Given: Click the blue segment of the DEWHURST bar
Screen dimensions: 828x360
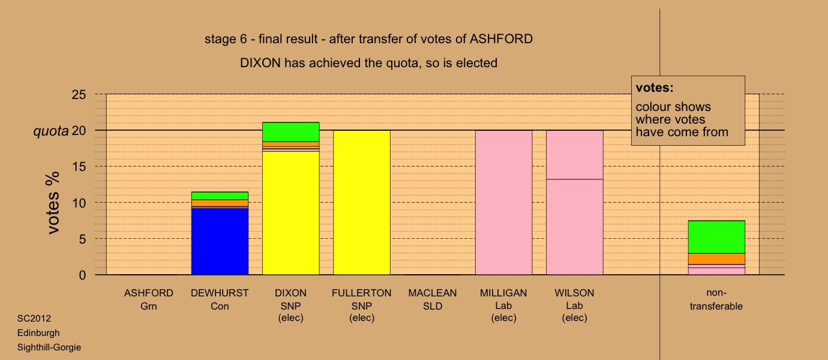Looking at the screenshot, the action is coord(220,242).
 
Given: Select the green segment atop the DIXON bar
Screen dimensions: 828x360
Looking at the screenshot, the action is coord(291,132).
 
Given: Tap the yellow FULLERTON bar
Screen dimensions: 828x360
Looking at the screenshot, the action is coord(362,203).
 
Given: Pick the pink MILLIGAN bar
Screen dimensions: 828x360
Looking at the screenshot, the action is coord(504,203).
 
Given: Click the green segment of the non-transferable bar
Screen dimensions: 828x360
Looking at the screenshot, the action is coord(716,237).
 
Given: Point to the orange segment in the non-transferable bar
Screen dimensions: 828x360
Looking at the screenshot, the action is coord(716,259).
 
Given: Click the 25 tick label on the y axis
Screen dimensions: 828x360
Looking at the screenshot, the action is coord(79,95).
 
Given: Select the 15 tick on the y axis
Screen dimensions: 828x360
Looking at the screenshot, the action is coord(79,167).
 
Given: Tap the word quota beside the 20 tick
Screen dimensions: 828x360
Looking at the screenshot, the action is coord(51,131).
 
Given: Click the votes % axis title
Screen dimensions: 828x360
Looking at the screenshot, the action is coord(53,203).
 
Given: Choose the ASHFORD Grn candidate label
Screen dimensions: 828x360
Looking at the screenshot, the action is coord(149,299).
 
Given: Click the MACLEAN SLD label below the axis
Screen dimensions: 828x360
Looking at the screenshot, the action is coord(433,299).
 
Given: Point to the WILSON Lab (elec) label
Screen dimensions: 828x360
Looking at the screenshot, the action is coord(574,305).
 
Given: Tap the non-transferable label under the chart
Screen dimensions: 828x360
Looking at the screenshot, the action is coord(716,299).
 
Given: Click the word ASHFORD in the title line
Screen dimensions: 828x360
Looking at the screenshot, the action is coord(501,39).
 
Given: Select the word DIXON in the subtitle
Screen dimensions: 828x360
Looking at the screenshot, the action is coord(260,63).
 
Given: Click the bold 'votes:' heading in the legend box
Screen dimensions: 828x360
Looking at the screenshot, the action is coord(655,88).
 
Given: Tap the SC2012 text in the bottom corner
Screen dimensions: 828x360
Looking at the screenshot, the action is coord(34,318).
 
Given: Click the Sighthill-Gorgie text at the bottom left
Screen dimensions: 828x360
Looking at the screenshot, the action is coord(49,347).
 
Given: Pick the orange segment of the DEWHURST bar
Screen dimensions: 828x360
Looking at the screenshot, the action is coord(220,203).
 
